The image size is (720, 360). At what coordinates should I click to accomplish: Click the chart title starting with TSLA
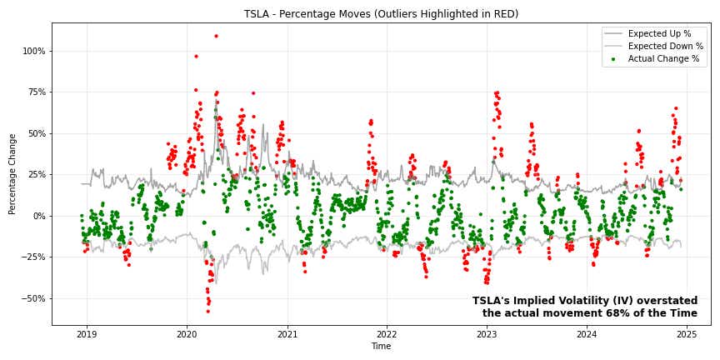coord(381,14)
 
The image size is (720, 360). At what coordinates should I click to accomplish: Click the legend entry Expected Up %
coord(659,34)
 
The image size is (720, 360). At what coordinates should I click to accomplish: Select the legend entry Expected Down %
coord(665,47)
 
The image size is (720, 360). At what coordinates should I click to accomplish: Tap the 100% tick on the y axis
coord(34,51)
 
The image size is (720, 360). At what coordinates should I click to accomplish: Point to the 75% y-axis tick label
coord(36,92)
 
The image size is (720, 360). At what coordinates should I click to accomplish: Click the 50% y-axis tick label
coord(36,133)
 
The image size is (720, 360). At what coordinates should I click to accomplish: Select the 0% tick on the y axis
coord(38,216)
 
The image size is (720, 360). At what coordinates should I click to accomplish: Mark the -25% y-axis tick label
coord(34,257)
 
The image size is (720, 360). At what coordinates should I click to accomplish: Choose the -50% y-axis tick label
coord(34,298)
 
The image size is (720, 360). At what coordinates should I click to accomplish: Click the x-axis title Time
coord(381,347)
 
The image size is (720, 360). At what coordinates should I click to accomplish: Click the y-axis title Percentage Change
coord(12,173)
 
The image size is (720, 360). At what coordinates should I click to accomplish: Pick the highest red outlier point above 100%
coord(216,36)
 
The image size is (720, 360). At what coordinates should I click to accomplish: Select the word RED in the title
coord(503,14)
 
